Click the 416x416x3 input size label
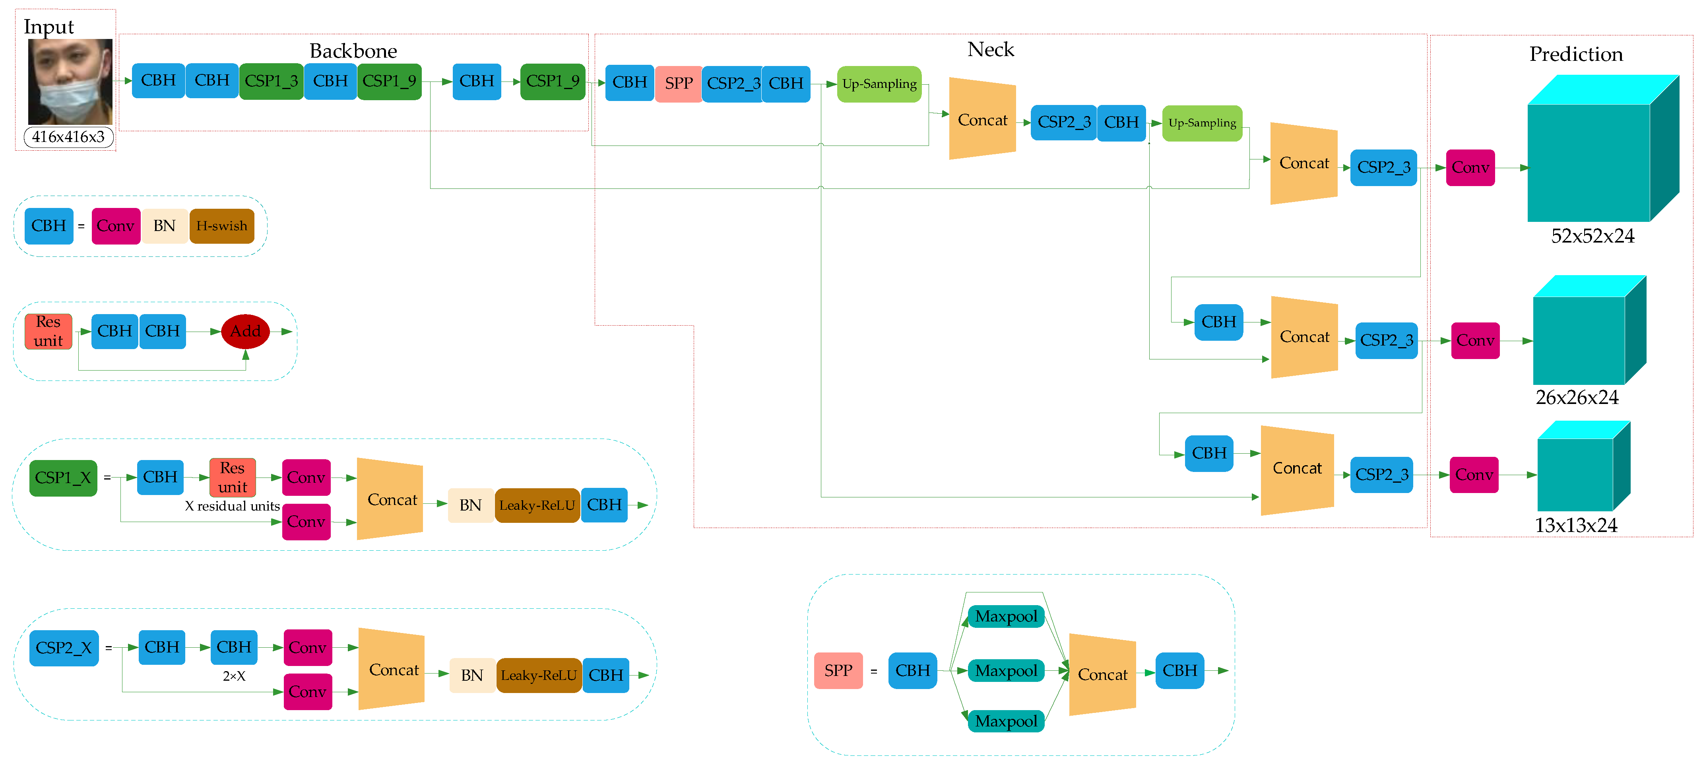point(68,137)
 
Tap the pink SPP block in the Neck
point(679,84)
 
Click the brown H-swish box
point(222,226)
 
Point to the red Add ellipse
point(246,331)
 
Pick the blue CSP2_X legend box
point(64,648)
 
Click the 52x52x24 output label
point(1592,236)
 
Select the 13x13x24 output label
point(1575,525)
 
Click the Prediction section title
point(1576,54)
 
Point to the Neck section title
point(990,50)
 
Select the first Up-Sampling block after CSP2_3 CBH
point(879,84)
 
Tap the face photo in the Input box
point(70,82)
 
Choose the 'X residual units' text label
point(232,506)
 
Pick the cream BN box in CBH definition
point(164,226)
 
